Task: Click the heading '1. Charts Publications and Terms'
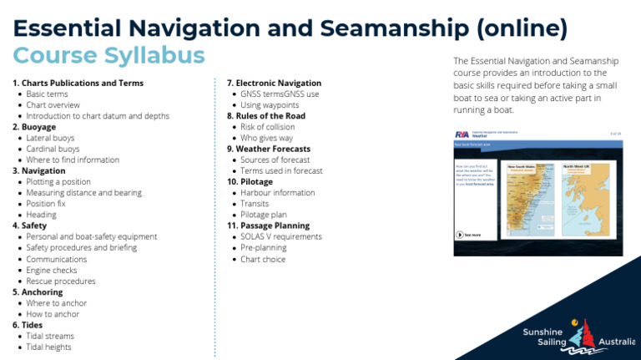(x=78, y=84)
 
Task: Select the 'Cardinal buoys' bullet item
(x=53, y=149)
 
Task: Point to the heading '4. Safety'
(x=29, y=226)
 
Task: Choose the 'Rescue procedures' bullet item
(x=61, y=281)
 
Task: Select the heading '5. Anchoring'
(x=38, y=292)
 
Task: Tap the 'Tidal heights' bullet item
(x=48, y=347)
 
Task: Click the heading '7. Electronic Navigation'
(x=274, y=84)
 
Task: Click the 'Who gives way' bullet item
(x=267, y=138)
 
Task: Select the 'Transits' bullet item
(x=255, y=204)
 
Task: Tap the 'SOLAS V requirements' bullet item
(x=280, y=237)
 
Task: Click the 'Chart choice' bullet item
(x=263, y=259)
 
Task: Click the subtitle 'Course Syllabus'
(x=109, y=56)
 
